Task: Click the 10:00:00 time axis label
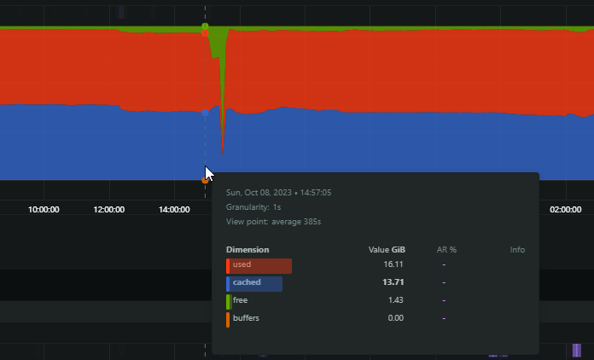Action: tap(44, 210)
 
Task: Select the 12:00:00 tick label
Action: tap(109, 210)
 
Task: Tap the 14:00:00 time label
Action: tap(174, 210)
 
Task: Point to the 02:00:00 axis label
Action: tap(566, 210)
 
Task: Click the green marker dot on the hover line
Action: tap(206, 26)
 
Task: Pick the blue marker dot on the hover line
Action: tap(206, 113)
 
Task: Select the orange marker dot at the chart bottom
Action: tap(206, 180)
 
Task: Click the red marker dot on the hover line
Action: tap(206, 33)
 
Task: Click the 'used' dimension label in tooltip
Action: tap(242, 264)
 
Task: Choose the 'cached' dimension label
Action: tap(247, 282)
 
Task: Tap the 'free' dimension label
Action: tap(240, 300)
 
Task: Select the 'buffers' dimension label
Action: tap(246, 318)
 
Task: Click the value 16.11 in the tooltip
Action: tap(393, 264)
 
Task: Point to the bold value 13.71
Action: tap(393, 282)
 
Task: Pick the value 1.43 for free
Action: tap(395, 300)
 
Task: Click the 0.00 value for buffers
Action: tap(395, 318)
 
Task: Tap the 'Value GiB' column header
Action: tap(387, 250)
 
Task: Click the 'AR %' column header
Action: tap(446, 250)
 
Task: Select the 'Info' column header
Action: tap(517, 250)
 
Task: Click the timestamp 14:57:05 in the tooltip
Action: tap(316, 193)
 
